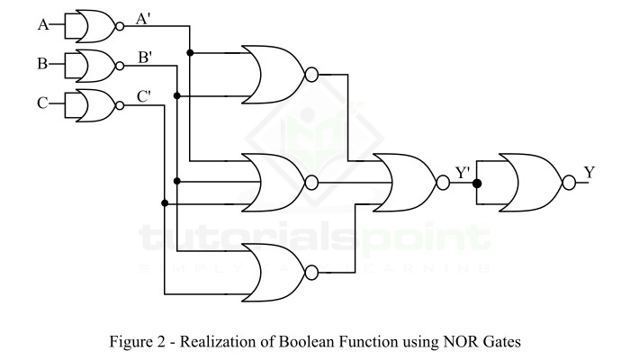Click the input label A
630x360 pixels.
click(42, 25)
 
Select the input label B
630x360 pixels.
click(42, 64)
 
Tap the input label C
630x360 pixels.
click(42, 103)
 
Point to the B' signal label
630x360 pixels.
click(144, 58)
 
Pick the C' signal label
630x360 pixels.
click(144, 95)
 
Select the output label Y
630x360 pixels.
click(589, 172)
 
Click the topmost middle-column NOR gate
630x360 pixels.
click(276, 74)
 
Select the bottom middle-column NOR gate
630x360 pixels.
click(276, 271)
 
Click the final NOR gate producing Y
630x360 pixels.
click(531, 183)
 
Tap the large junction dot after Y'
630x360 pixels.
click(478, 183)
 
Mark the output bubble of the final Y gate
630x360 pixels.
click(568, 183)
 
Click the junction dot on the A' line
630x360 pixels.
click(190, 53)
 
